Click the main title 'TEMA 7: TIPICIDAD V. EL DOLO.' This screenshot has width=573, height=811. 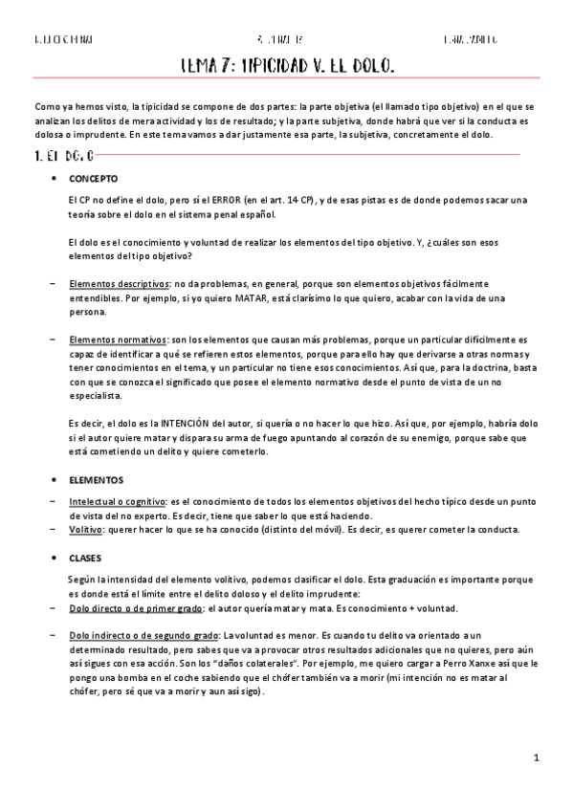tap(287, 66)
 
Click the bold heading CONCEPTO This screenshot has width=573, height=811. tap(93, 178)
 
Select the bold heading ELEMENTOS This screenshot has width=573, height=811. tap(96, 479)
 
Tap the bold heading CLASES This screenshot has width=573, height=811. tap(85, 557)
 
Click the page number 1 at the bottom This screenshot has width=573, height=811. tap(538, 757)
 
